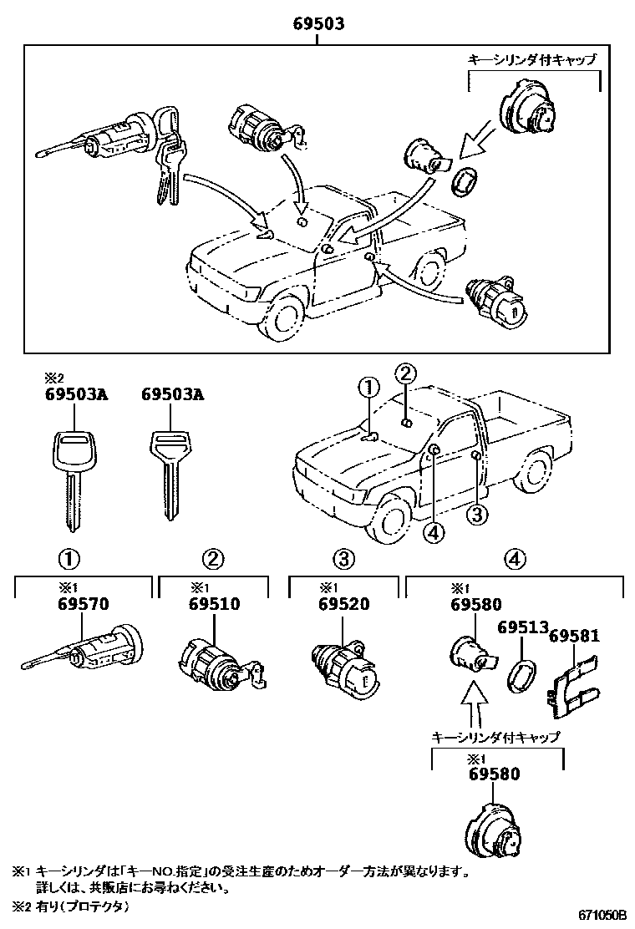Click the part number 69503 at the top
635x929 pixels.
(x=318, y=25)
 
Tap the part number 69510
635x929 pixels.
(x=215, y=605)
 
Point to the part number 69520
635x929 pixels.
(x=343, y=605)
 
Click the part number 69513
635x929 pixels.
(x=522, y=627)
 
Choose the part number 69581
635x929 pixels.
(x=575, y=637)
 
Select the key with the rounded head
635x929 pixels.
(x=70, y=476)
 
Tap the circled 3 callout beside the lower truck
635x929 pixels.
(x=475, y=515)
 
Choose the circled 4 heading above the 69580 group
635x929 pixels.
(x=516, y=558)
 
